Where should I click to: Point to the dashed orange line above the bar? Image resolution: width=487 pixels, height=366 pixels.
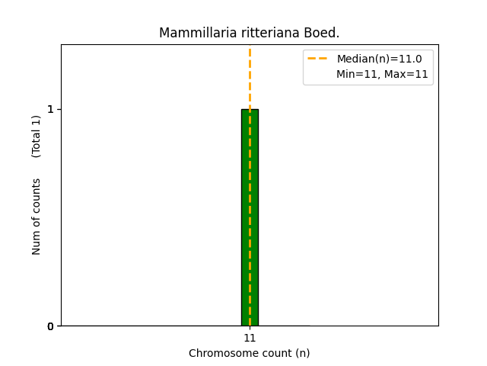coord(250,76)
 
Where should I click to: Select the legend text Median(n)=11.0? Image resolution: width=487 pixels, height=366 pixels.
coord(379,59)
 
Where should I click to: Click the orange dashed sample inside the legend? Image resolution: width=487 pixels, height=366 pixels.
coord(317,59)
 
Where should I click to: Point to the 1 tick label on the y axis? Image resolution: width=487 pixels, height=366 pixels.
coord(51,109)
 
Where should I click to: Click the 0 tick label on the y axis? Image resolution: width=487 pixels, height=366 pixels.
coord(51,326)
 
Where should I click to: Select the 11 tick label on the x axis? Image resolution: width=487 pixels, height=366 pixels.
coord(250,338)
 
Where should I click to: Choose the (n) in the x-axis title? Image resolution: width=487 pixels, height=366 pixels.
coord(301,353)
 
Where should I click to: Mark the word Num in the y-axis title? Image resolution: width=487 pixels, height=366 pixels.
coord(37,242)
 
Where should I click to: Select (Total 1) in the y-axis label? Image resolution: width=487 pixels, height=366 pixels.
coord(37,136)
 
